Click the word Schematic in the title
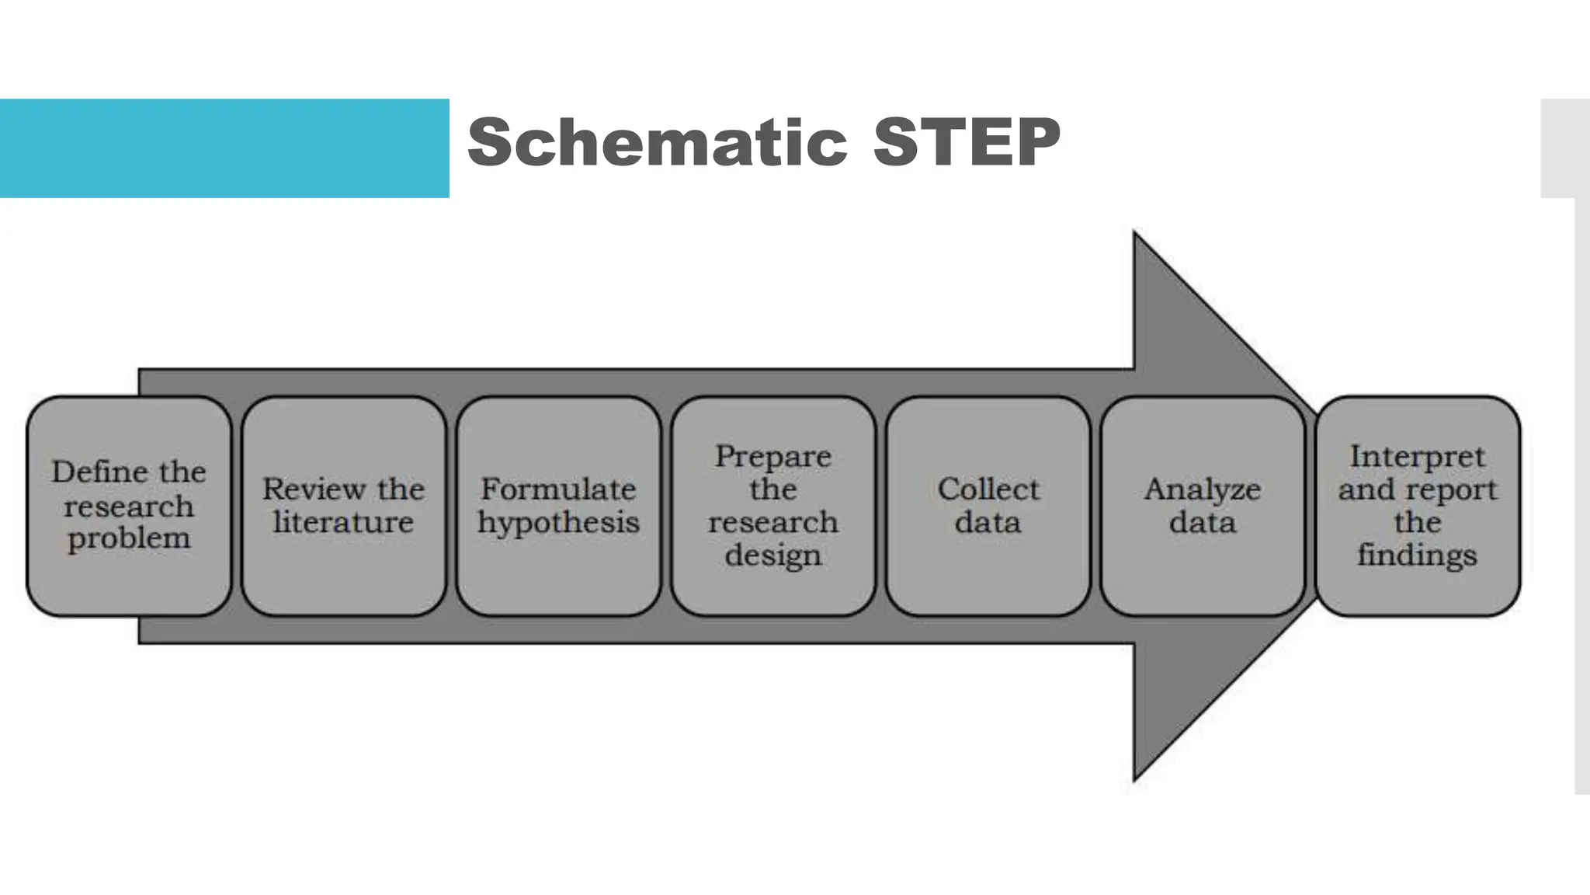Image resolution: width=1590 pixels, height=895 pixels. click(x=657, y=142)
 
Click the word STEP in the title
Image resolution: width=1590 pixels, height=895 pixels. click(x=966, y=142)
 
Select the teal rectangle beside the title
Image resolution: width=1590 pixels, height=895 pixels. click(x=224, y=148)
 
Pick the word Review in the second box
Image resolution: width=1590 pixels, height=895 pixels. click(x=313, y=489)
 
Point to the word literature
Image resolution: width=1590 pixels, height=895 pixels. click(x=343, y=522)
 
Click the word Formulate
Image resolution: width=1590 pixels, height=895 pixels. click(x=558, y=489)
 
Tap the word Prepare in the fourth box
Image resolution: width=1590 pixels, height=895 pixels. click(x=773, y=457)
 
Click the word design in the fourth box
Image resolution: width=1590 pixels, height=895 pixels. click(x=773, y=556)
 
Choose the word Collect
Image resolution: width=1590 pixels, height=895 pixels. click(x=988, y=489)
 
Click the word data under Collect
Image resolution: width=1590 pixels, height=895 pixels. click(x=988, y=522)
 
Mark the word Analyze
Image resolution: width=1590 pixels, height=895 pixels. click(x=1203, y=489)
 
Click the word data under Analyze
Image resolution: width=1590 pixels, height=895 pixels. click(x=1203, y=522)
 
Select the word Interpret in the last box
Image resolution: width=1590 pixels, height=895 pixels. click(x=1417, y=457)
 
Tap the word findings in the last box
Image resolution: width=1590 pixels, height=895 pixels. click(x=1417, y=556)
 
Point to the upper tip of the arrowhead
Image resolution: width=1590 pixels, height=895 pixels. click(x=1136, y=235)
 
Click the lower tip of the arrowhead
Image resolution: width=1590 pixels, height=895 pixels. click(x=1136, y=778)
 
